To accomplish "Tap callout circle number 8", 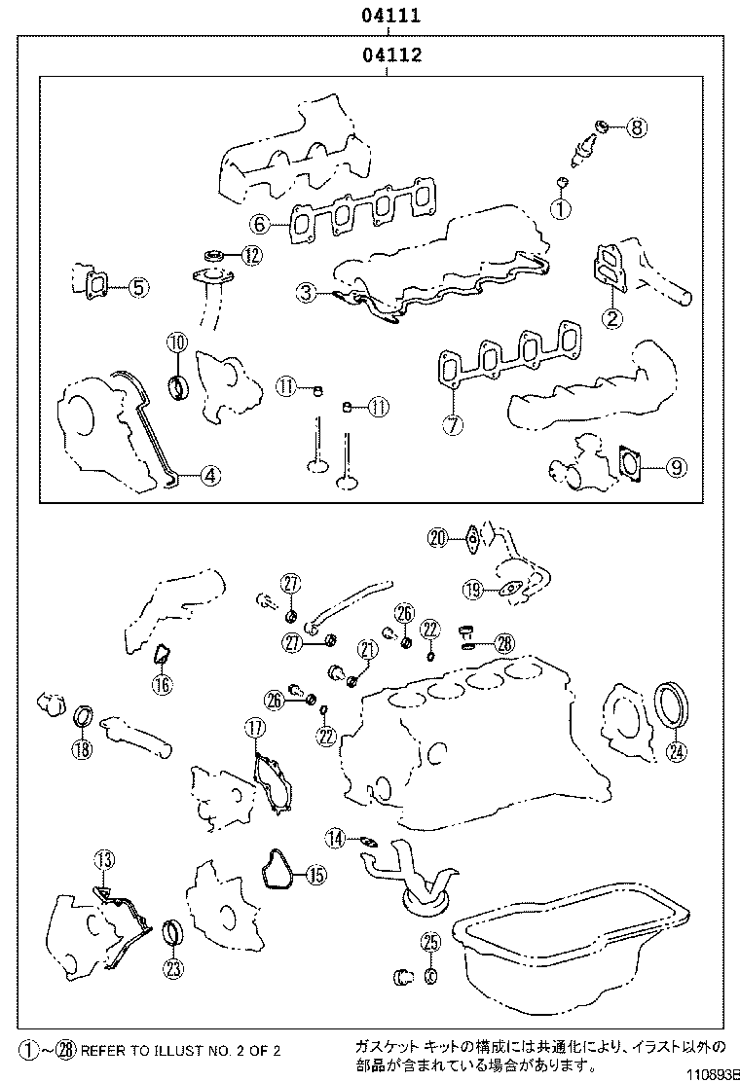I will click(x=637, y=126).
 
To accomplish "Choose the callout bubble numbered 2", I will click(x=611, y=317).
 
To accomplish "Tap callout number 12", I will click(x=252, y=256).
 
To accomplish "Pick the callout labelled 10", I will click(x=176, y=343).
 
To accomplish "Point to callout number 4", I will click(x=210, y=476).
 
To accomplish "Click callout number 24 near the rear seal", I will click(x=675, y=750).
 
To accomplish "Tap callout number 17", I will click(x=254, y=728).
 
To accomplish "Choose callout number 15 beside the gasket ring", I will click(x=314, y=876).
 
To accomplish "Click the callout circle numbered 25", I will click(x=430, y=941).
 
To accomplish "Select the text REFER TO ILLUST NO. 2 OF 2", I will click(x=180, y=1051).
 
